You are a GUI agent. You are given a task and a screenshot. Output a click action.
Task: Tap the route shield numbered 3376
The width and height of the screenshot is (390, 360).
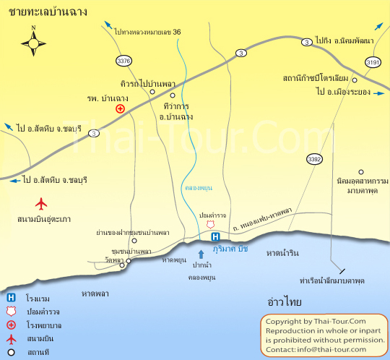coord(123,61)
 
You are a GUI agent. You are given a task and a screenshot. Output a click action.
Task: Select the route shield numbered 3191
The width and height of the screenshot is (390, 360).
coord(372,62)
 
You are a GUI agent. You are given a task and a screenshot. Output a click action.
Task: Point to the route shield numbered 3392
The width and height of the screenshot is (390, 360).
coord(314,158)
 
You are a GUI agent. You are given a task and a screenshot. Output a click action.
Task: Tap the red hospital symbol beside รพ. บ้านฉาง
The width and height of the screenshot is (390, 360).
coord(120,109)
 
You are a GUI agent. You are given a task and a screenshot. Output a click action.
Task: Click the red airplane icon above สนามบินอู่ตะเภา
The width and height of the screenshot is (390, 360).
coord(40,203)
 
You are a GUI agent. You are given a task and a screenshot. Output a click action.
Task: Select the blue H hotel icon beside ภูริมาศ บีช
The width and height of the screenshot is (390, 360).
coord(214,236)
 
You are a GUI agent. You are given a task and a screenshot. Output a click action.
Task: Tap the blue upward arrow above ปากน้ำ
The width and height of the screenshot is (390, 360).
coord(201,253)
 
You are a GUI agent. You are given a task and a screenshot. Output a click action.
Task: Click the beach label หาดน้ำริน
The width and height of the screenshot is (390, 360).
coord(282,253)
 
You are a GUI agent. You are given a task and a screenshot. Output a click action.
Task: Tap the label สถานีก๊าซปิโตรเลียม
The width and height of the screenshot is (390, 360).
coord(316,77)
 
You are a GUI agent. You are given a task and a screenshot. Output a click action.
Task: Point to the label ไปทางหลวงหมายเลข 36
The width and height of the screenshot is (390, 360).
coord(147,32)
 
